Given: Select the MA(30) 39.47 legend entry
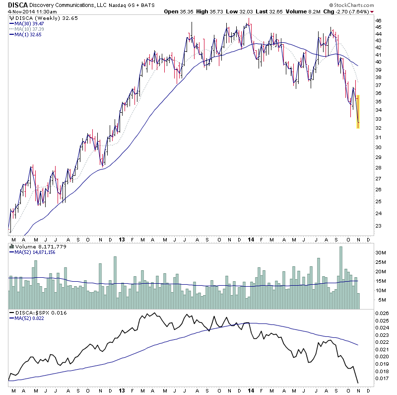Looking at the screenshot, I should (x=29, y=23).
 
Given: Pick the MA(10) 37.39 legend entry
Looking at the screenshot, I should (x=29, y=28).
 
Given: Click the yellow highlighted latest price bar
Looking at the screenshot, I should (x=357, y=112).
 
